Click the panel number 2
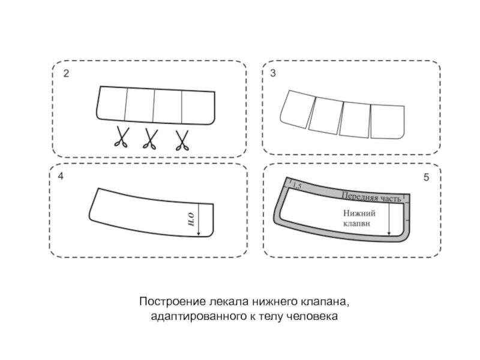(66, 74)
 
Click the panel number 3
(273, 74)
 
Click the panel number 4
(61, 178)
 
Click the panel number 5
(427, 178)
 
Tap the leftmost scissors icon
(122, 139)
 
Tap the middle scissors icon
(151, 139)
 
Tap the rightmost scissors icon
(182, 139)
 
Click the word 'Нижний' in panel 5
(359, 212)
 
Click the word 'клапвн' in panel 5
(357, 223)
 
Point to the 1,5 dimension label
(296, 188)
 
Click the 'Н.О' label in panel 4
(191, 223)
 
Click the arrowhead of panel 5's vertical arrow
(389, 233)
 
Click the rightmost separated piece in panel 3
(388, 122)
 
